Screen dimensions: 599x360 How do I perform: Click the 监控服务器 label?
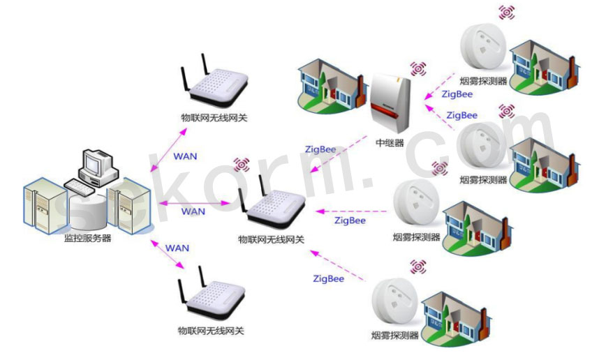pos(87,238)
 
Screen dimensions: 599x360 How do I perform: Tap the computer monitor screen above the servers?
pos(93,163)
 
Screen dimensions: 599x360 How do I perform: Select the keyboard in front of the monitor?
pos(80,187)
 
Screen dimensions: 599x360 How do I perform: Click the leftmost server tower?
pos(45,205)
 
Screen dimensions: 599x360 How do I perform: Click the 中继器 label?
pos(390,143)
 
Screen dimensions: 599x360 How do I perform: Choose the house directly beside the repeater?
pos(332,87)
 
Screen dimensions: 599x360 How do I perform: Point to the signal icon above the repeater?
pos(418,69)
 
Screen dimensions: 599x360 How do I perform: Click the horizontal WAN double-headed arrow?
pos(195,203)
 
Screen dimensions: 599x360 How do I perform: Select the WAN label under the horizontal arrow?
pos(193,211)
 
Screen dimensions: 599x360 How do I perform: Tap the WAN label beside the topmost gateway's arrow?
pos(185,156)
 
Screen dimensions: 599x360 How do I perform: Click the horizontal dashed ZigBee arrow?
pos(351,211)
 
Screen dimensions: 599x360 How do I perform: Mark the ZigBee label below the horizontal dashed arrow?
pos(350,220)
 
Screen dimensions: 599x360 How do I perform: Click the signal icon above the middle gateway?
pos(242,165)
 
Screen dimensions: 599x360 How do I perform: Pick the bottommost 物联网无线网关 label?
pos(211,331)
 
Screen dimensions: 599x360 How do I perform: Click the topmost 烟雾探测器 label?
pos(483,80)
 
